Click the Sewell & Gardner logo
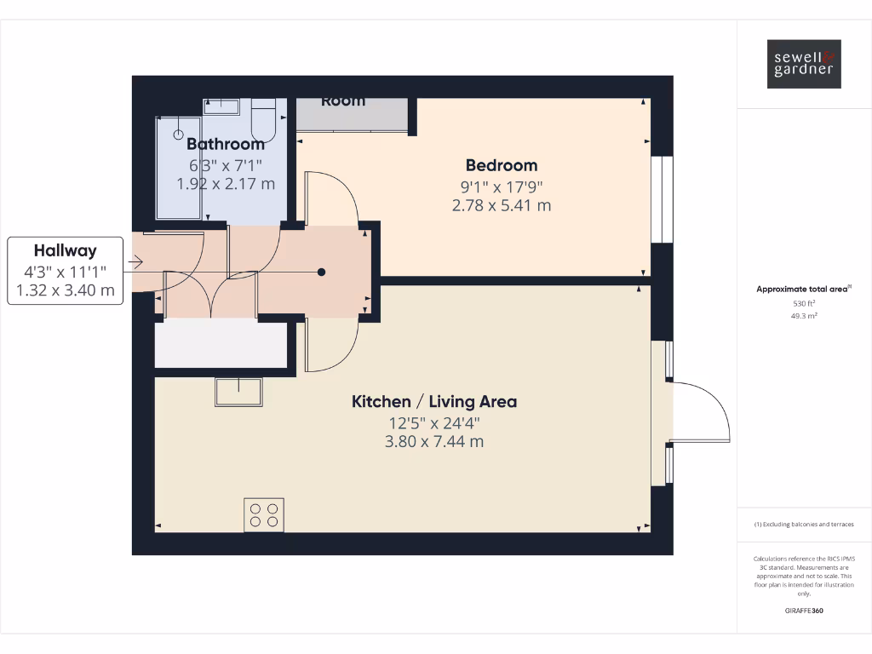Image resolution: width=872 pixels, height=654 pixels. [804, 64]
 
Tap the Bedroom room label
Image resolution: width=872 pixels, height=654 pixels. [501, 165]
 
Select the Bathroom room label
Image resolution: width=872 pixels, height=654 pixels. [226, 144]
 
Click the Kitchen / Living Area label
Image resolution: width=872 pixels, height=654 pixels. [434, 401]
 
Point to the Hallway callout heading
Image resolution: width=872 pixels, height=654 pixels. [65, 250]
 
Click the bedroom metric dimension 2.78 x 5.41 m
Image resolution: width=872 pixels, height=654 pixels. [501, 205]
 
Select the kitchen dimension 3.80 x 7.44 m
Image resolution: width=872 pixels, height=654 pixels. [434, 441]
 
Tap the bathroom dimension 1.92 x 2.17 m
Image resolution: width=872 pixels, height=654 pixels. [226, 183]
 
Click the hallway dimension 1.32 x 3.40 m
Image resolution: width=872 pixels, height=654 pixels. [65, 291]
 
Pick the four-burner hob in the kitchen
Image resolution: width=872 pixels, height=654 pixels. [264, 514]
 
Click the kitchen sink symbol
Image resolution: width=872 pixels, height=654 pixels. [239, 392]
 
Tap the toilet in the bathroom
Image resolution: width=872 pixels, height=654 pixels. [265, 119]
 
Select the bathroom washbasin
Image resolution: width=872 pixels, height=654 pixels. [221, 106]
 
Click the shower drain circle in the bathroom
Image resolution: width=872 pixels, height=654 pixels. [179, 134]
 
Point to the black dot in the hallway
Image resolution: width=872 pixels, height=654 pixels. [322, 272]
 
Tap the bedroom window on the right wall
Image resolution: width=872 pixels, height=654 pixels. [662, 200]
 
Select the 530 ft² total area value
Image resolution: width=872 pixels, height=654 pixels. [804, 303]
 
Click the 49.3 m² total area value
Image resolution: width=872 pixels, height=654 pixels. [804, 315]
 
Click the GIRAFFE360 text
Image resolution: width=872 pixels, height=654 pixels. [804, 611]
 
